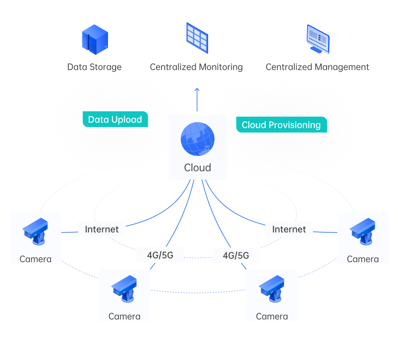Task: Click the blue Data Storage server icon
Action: tap(95, 39)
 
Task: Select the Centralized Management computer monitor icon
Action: tap(318, 39)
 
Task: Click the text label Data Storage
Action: tap(94, 67)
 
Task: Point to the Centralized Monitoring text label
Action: tap(196, 67)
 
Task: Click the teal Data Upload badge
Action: tap(115, 120)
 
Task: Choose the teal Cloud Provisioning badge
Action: tap(281, 125)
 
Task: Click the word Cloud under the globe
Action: tap(197, 168)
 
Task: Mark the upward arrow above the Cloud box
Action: tap(197, 99)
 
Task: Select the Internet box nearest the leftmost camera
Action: tap(102, 229)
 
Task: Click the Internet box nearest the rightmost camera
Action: tap(289, 229)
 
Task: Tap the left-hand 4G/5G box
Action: tap(160, 255)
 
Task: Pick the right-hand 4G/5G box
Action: tap(236, 255)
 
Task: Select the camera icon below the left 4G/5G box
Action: tap(124, 289)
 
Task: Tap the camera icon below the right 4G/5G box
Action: tap(272, 289)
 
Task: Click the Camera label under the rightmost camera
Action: tap(363, 259)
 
